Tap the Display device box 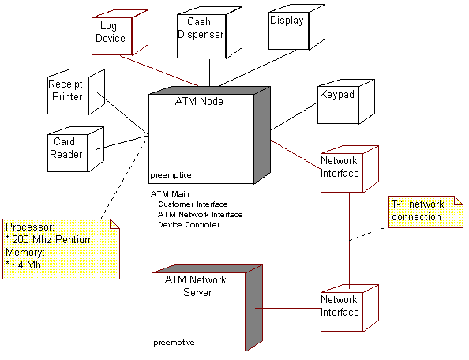287,28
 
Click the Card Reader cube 69,148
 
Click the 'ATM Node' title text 198,102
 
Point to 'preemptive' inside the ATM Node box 171,174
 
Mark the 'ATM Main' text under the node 169,193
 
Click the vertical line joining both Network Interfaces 349,237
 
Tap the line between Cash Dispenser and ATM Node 209,74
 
